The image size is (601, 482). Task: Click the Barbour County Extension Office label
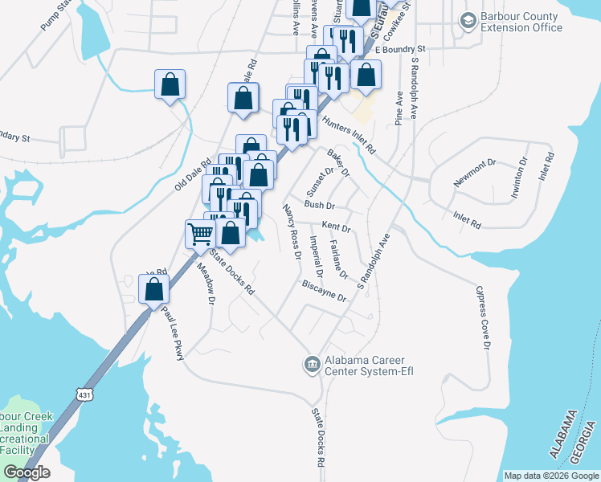pyautogui.click(x=521, y=22)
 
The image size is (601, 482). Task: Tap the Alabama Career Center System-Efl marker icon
pyautogui.click(x=312, y=365)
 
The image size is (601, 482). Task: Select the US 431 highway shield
pyautogui.click(x=85, y=395)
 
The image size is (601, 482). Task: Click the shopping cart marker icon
pyautogui.click(x=200, y=234)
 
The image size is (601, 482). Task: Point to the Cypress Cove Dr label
pyautogui.click(x=482, y=317)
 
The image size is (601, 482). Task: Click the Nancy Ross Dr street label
pyautogui.click(x=292, y=232)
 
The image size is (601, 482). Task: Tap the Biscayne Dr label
pyautogui.click(x=323, y=291)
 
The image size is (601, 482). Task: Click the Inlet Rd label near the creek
pyautogui.click(x=467, y=218)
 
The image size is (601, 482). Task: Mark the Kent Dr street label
pyautogui.click(x=336, y=227)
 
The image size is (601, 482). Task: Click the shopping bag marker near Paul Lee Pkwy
pyautogui.click(x=153, y=290)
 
